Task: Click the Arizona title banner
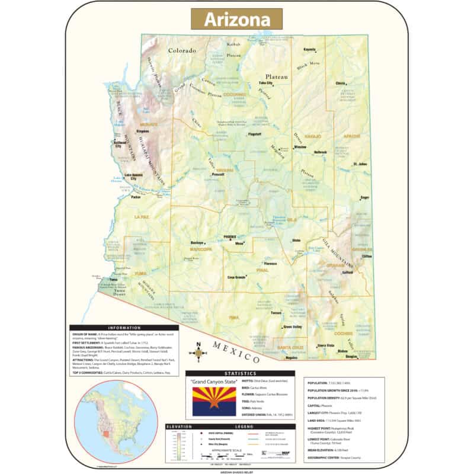click(x=236, y=19)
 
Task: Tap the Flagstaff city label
click(x=255, y=134)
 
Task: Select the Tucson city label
click(x=276, y=313)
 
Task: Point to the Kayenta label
click(x=309, y=49)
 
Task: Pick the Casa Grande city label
click(x=237, y=277)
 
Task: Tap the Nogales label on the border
click(x=292, y=358)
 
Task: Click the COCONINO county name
click(x=235, y=94)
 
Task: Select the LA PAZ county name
click(x=143, y=217)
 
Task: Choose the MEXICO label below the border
click(x=236, y=353)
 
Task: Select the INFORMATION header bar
click(x=124, y=328)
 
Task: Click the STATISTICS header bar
click(x=240, y=374)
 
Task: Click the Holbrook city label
click(x=321, y=152)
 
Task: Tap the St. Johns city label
click(x=360, y=164)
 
